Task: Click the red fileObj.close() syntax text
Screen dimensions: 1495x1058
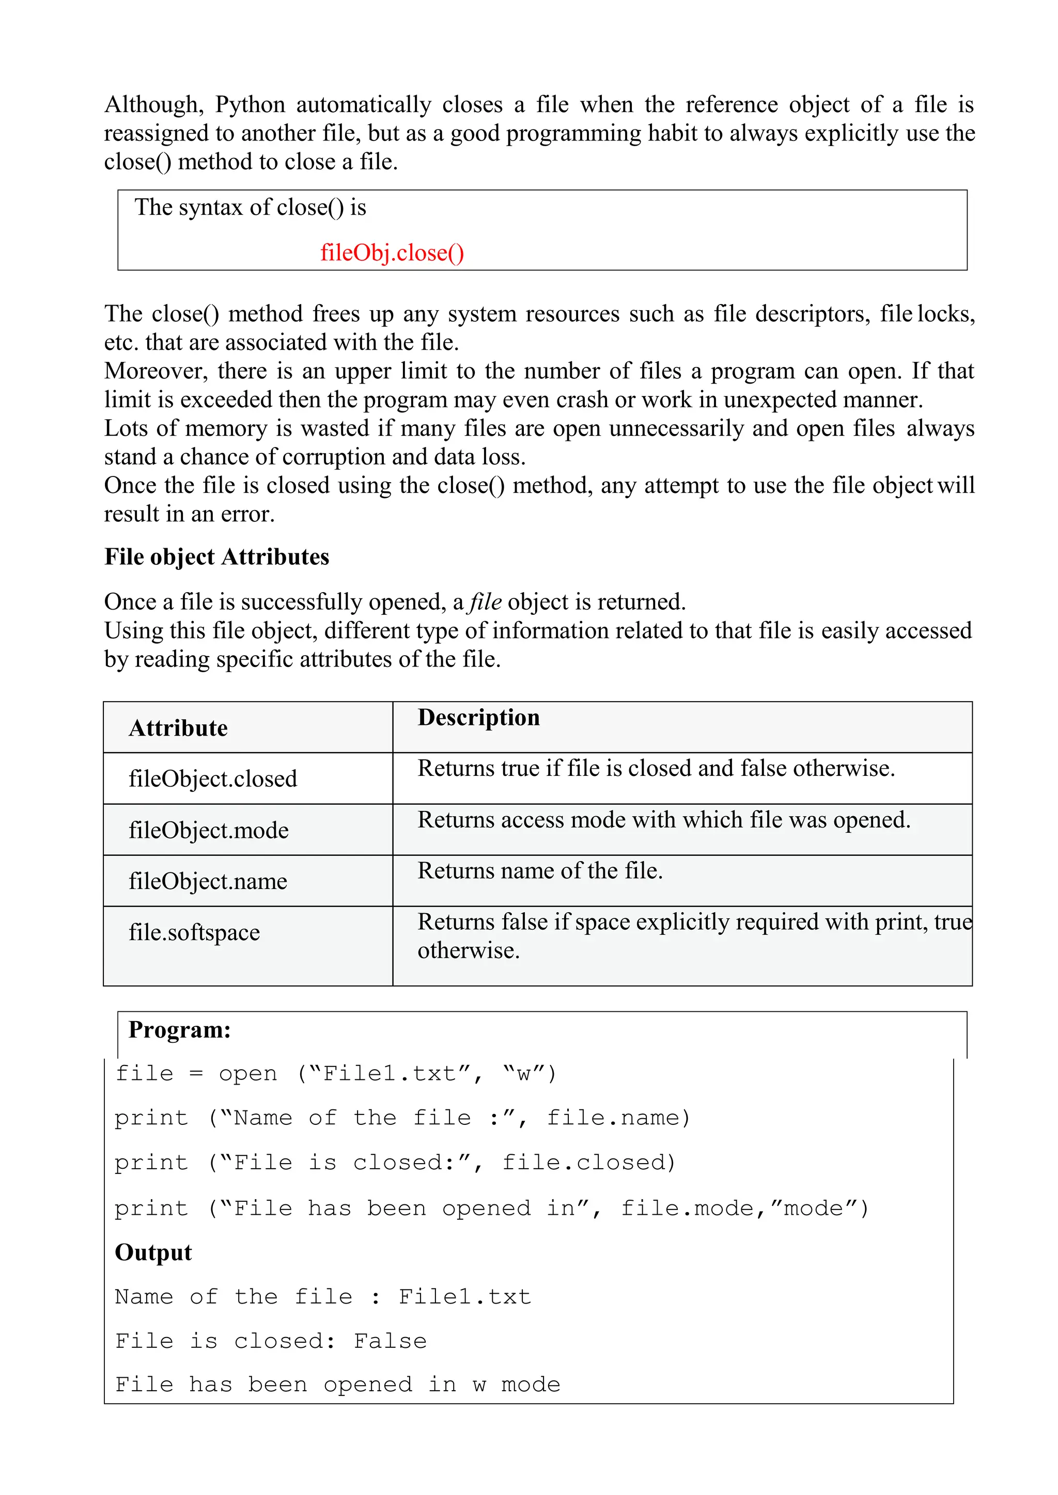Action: (x=392, y=252)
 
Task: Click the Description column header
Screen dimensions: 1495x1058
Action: (x=478, y=717)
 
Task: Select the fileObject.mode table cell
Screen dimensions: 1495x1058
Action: (x=209, y=830)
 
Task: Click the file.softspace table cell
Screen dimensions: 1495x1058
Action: (x=194, y=932)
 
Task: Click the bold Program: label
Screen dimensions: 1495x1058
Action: (x=179, y=1029)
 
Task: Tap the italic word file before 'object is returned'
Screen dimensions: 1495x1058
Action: (x=486, y=601)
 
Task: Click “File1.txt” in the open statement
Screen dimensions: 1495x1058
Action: (x=390, y=1073)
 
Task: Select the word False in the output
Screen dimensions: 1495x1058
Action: (x=390, y=1341)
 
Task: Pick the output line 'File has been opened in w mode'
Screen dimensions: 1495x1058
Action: (x=337, y=1385)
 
